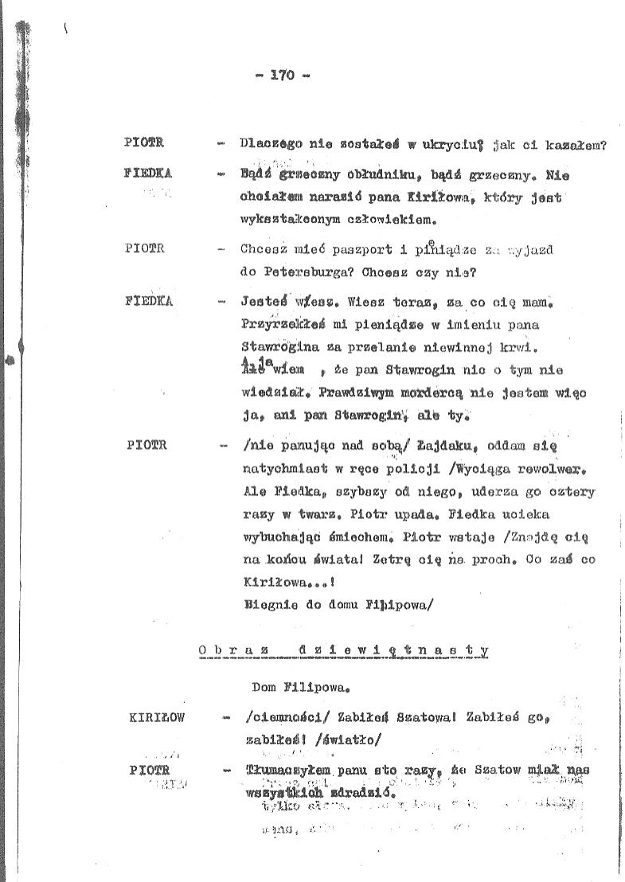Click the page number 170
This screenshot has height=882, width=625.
[283, 76]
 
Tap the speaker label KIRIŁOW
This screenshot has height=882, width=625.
[156, 717]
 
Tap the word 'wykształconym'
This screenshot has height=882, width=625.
[283, 217]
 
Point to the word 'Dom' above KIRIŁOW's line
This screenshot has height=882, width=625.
[263, 684]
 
